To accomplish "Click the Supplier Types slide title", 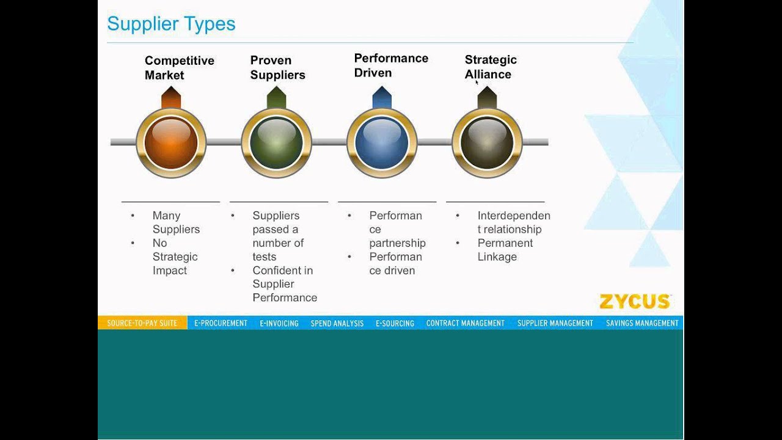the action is click(171, 24).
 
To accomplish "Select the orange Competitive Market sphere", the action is click(171, 143).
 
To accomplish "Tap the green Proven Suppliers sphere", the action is click(276, 143).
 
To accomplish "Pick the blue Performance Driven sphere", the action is click(382, 143).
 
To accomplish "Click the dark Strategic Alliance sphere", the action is click(487, 143).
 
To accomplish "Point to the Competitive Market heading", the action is click(179, 68).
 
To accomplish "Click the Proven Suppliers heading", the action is click(277, 68).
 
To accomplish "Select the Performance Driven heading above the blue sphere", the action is click(391, 65).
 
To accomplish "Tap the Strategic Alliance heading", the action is click(491, 67).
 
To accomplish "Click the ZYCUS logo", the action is click(635, 302).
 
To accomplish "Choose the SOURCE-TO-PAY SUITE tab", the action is click(142, 323).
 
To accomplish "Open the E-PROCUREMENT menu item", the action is click(221, 323).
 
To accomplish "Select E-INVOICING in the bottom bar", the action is click(279, 323).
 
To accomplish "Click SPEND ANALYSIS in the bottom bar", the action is click(337, 323).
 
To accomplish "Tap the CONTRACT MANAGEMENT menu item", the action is click(466, 323).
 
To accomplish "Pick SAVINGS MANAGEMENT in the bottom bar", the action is click(642, 323).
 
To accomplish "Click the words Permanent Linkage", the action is click(505, 250).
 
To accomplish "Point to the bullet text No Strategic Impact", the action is click(175, 257).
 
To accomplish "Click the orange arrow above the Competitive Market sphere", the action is click(171, 98).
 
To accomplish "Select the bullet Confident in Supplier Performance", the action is click(284, 284).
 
